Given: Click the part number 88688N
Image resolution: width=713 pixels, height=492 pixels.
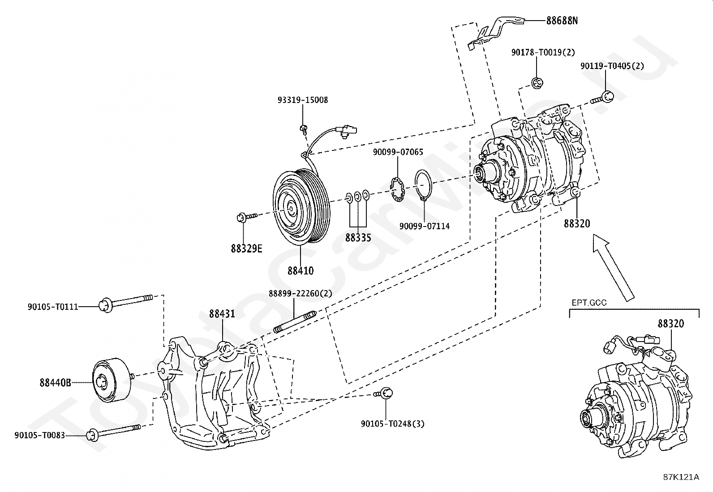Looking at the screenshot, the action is (x=562, y=21).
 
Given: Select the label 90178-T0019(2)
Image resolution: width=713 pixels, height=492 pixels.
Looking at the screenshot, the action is (x=543, y=52).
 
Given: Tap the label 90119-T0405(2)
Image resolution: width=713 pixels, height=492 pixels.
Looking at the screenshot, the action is (x=612, y=66).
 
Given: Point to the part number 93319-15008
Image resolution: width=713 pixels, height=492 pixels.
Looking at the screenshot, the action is (x=303, y=100).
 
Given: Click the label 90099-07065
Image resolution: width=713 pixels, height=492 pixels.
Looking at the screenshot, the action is (x=398, y=152).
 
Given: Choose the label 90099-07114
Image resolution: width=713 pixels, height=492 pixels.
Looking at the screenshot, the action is (x=425, y=226).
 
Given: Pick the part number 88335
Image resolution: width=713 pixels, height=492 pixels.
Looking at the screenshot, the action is (x=358, y=238).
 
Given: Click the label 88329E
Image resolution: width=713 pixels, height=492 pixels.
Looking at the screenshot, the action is (x=247, y=248).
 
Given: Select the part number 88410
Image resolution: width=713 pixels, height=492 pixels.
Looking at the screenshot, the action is (x=301, y=271).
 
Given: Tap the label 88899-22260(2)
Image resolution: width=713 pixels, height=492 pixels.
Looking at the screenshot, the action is (x=301, y=293).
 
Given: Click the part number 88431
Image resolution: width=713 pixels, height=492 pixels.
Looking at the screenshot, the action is (x=222, y=314).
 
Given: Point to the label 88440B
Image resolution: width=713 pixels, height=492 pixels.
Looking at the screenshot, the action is (x=56, y=382).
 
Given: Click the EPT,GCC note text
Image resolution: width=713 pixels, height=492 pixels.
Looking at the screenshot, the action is (x=589, y=302).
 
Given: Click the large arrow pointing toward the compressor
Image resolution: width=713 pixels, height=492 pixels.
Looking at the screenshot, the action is (x=613, y=267).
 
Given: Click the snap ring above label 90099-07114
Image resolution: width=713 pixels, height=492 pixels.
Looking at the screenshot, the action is (x=423, y=185).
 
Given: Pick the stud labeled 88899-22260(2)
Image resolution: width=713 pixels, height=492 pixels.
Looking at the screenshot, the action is (x=295, y=322).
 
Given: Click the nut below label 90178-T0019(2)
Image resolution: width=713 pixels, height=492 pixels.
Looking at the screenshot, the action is (x=537, y=83).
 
